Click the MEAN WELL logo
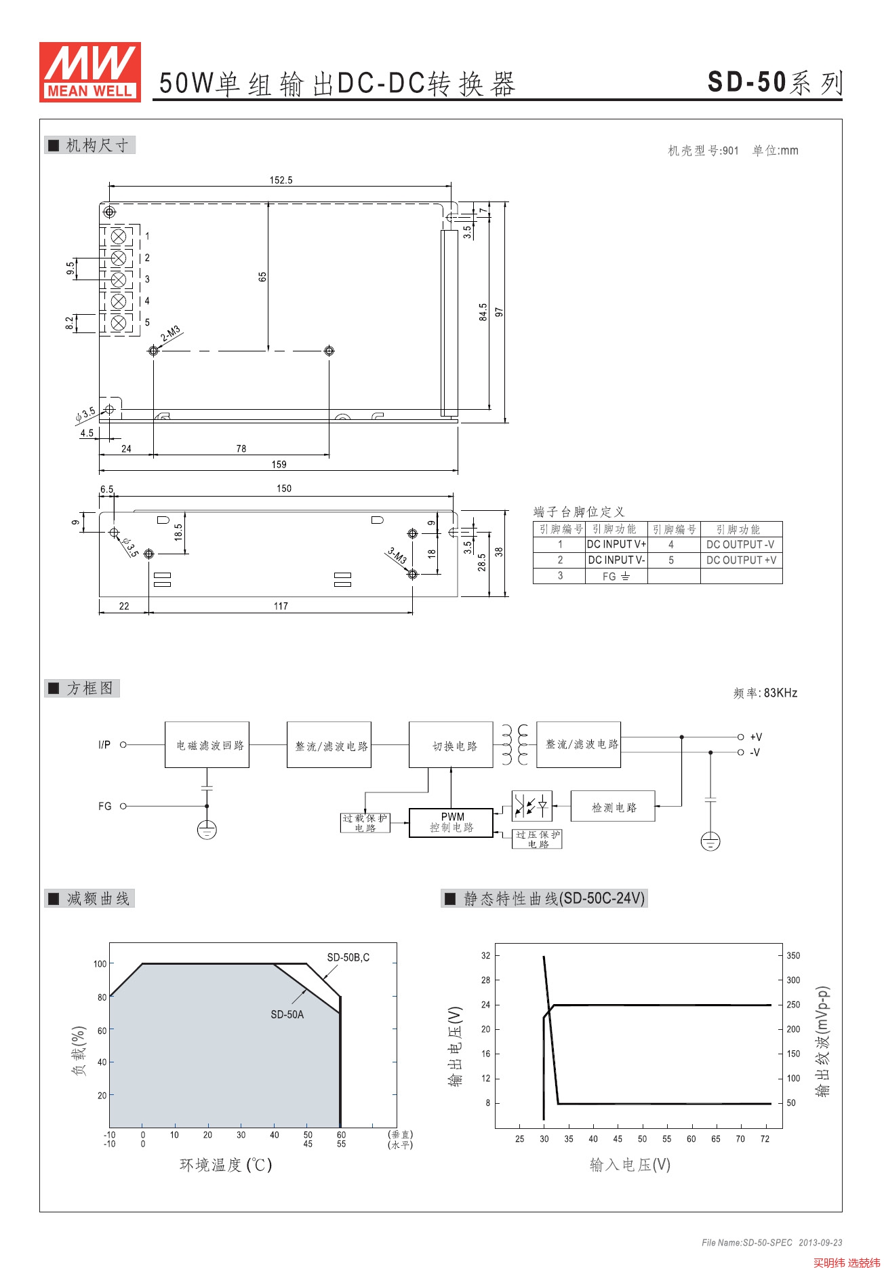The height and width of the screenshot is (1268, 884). [90, 72]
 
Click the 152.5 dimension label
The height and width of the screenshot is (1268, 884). [281, 180]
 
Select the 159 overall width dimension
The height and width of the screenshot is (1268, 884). [279, 465]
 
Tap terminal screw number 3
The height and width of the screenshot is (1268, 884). [118, 280]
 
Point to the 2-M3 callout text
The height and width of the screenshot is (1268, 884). [171, 334]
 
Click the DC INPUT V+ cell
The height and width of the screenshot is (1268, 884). [616, 544]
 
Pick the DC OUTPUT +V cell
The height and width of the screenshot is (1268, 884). [741, 560]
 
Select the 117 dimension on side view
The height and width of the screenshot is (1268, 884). [281, 606]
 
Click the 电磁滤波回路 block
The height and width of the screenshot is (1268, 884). [207, 745]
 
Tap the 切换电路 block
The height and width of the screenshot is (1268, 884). [451, 745]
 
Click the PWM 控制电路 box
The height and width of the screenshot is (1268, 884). [451, 822]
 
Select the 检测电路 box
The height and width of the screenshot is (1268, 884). [613, 807]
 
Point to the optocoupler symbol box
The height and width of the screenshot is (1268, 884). [531, 806]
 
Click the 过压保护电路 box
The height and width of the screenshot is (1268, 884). [537, 839]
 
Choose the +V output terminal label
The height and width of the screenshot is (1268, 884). [756, 737]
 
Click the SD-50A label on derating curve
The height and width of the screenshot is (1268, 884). [287, 1014]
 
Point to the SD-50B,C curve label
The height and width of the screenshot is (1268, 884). [348, 957]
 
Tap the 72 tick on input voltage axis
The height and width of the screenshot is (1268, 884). [765, 1139]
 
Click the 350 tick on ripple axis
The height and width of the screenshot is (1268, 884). [793, 955]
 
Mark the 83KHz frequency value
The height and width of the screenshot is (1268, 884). [780, 693]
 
